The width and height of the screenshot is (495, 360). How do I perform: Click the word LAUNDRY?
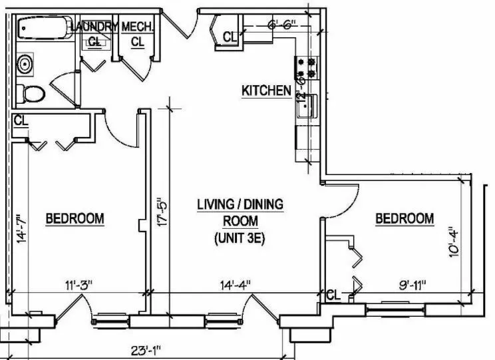[x=94, y=27]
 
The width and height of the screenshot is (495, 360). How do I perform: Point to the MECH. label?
[x=138, y=27]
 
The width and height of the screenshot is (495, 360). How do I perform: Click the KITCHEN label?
[x=265, y=90]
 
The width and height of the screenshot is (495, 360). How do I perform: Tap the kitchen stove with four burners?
[x=308, y=67]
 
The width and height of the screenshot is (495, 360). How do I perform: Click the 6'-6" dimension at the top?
[x=280, y=27]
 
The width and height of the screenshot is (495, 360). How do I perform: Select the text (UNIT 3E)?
[x=240, y=238]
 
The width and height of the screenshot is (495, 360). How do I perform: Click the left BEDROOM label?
[x=75, y=218]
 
